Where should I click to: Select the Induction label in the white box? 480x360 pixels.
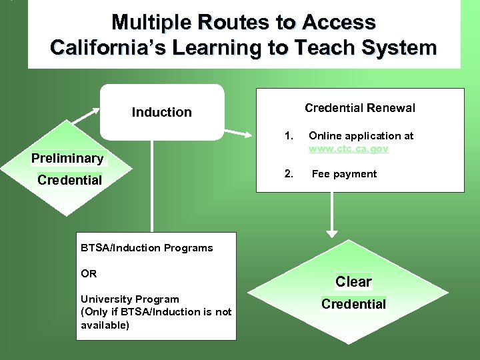[161, 112]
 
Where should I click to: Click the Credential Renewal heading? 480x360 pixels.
[359, 108]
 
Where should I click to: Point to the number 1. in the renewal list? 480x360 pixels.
[289, 136]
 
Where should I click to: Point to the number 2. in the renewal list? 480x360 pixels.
[289, 174]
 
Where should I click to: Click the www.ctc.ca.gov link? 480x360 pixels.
[348, 149]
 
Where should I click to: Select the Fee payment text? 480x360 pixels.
[344, 174]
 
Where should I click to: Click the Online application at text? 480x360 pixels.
[361, 136]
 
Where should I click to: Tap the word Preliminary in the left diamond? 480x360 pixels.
[67, 159]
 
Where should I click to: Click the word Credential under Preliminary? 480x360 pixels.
[69, 180]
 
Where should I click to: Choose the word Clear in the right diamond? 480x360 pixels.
[353, 282]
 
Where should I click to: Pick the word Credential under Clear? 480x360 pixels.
[353, 304]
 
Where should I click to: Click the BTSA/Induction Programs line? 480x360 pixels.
[147, 248]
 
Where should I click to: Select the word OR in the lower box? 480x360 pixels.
[89, 273]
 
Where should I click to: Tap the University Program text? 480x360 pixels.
[129, 299]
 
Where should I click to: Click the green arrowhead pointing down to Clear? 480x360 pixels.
[331, 232]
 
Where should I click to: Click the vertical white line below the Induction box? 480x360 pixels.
[153, 187]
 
